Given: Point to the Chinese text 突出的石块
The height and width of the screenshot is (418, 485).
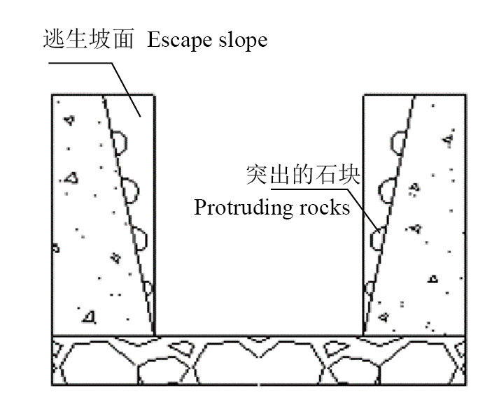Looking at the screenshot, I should pyautogui.click(x=302, y=175).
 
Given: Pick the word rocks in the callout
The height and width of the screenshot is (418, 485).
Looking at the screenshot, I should pyautogui.click(x=328, y=208).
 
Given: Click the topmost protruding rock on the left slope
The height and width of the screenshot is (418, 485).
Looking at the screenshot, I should pyautogui.click(x=120, y=142).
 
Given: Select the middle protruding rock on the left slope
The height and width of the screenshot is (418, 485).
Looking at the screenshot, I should pyautogui.click(x=129, y=189).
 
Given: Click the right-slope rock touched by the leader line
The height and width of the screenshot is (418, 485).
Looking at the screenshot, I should pyautogui.click(x=378, y=238).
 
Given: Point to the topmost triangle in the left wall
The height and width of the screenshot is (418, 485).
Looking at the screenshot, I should pyautogui.click(x=68, y=121).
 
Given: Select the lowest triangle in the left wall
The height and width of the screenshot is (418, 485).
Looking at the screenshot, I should pyautogui.click(x=88, y=317).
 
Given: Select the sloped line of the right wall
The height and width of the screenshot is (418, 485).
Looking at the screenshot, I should pyautogui.click(x=388, y=210).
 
